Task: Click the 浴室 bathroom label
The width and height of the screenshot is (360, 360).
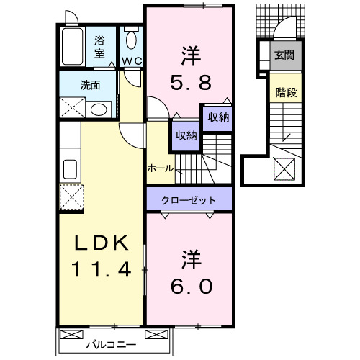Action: coord(99,46)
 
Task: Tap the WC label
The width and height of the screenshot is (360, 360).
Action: coord(130,61)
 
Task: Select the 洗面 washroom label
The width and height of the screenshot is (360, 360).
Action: coord(91,84)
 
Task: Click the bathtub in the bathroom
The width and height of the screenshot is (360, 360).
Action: coord(73,48)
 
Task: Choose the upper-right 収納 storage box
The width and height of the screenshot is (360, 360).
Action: coord(218,117)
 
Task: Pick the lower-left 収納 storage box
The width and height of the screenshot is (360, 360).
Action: coord(185,135)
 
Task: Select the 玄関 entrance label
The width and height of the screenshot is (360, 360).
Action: coord(284,55)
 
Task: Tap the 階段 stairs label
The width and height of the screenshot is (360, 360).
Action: coord(285,92)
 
